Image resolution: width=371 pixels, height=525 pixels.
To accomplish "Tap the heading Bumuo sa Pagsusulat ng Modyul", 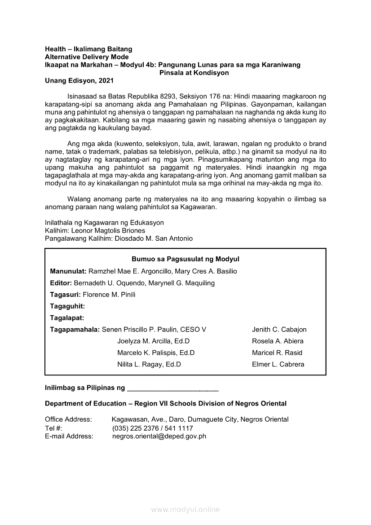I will [x=185, y=259].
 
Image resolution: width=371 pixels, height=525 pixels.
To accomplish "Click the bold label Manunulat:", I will [x=68, y=271].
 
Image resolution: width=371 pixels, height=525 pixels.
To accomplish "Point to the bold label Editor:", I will [x=61, y=283].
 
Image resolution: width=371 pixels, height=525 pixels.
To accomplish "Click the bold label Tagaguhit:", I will [x=67, y=306].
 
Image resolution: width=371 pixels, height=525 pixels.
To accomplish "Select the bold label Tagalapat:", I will [x=67, y=318].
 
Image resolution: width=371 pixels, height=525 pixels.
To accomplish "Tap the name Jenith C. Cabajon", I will [x=279, y=330].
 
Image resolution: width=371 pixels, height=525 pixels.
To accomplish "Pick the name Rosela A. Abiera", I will [x=278, y=341].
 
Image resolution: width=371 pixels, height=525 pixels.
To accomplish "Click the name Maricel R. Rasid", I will [x=277, y=353].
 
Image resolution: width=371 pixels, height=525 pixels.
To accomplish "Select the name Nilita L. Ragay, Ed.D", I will [x=149, y=365].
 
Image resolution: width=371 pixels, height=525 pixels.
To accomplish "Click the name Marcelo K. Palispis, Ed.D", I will [x=156, y=353].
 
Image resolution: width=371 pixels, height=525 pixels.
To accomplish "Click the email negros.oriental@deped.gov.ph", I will [x=159, y=436].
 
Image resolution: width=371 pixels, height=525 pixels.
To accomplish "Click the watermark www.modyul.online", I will [x=185, y=510].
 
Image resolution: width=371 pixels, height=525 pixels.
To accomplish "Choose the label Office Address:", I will [x=68, y=419].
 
